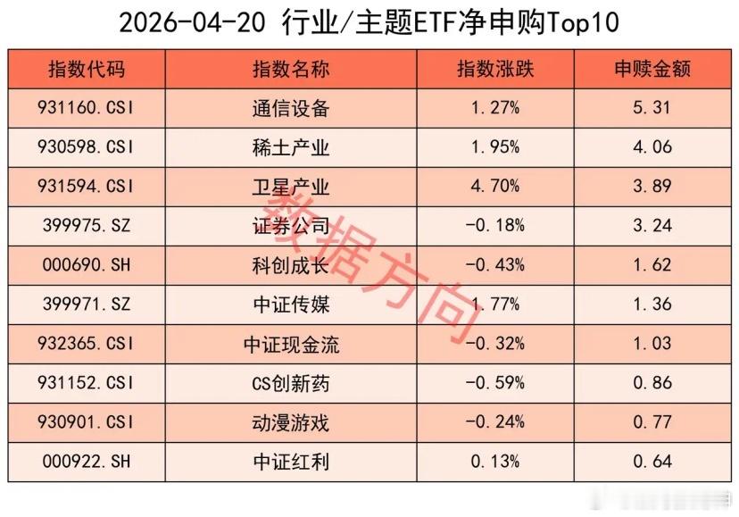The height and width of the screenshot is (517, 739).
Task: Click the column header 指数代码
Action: [x=87, y=70]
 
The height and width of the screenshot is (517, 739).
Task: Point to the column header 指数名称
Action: [x=290, y=70]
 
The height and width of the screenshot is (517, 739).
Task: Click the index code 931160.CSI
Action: [x=87, y=109]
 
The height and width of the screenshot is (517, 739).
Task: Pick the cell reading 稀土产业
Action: [x=291, y=148]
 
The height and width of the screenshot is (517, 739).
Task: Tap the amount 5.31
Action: [x=652, y=109]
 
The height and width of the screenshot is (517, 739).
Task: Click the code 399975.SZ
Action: [x=87, y=226]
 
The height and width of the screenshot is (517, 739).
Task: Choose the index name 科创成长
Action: [x=291, y=265]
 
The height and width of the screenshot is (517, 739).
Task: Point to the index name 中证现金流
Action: [x=291, y=344]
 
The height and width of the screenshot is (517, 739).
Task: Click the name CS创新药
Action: [x=291, y=383]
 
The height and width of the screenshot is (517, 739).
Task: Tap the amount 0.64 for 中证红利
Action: [x=652, y=462]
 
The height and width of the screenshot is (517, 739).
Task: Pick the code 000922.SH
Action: [x=87, y=462]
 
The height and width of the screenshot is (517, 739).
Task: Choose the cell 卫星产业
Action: [x=291, y=187]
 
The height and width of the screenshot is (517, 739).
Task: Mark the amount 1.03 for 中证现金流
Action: [x=652, y=344]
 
